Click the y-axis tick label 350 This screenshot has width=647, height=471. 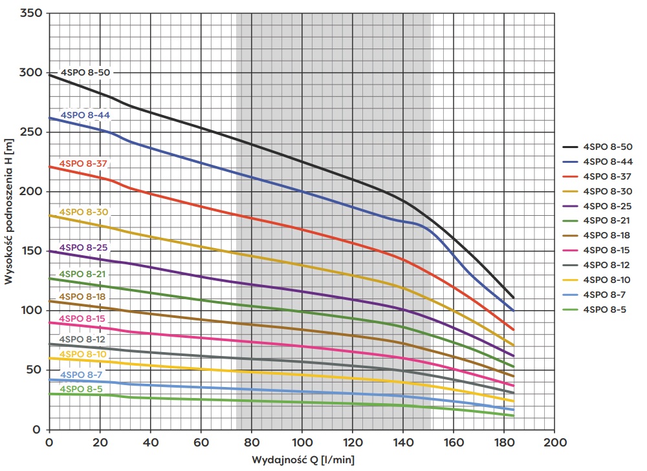(x=30, y=13)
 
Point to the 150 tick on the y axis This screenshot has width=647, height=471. (x=30, y=251)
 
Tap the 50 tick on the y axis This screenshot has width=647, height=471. (x=32, y=370)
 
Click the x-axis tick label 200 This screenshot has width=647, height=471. (x=554, y=443)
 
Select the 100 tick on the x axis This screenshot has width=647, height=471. (x=302, y=443)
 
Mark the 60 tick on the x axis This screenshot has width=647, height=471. (x=201, y=443)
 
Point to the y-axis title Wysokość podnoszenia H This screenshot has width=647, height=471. (x=8, y=211)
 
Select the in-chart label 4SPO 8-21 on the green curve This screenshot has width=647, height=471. (x=82, y=275)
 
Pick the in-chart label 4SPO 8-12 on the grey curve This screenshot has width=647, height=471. (x=82, y=339)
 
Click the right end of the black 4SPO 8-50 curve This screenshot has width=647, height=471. (x=513, y=297)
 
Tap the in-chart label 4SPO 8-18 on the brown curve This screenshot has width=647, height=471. (x=82, y=297)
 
